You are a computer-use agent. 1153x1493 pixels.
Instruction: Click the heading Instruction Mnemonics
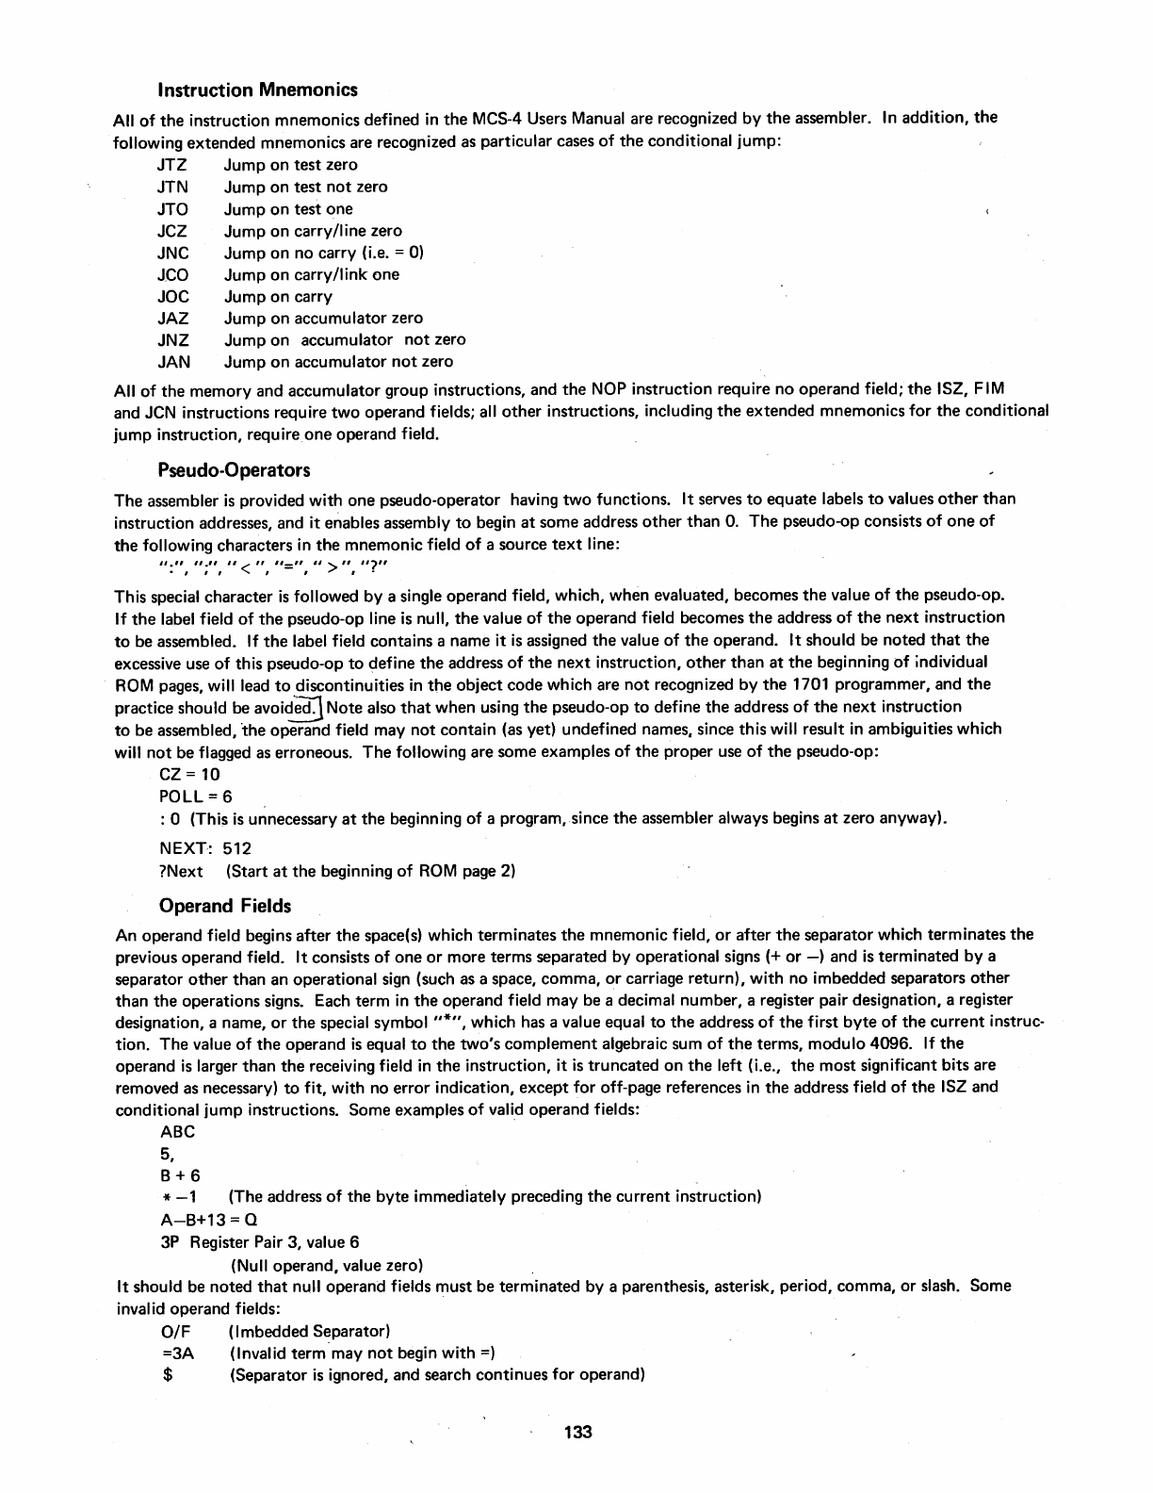pos(258,90)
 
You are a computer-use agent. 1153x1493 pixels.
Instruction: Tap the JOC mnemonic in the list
pos(173,296)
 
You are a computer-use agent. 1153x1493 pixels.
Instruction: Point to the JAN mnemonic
pos(173,362)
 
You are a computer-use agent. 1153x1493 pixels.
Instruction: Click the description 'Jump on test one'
pos(288,209)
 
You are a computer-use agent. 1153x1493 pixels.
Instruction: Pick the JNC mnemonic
pos(173,253)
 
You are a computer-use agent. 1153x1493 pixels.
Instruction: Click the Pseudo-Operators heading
pos(235,469)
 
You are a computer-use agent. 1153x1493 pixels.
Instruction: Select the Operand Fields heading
pos(225,906)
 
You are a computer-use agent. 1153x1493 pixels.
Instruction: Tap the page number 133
pos(577,1433)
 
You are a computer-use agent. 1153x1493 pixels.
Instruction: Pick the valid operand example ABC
pos(178,1132)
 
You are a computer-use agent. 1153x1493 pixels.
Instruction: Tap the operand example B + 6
pos(181,1175)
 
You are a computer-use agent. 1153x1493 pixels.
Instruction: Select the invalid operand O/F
pos(176,1332)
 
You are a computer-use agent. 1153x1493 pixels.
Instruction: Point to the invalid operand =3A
pos(178,1354)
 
